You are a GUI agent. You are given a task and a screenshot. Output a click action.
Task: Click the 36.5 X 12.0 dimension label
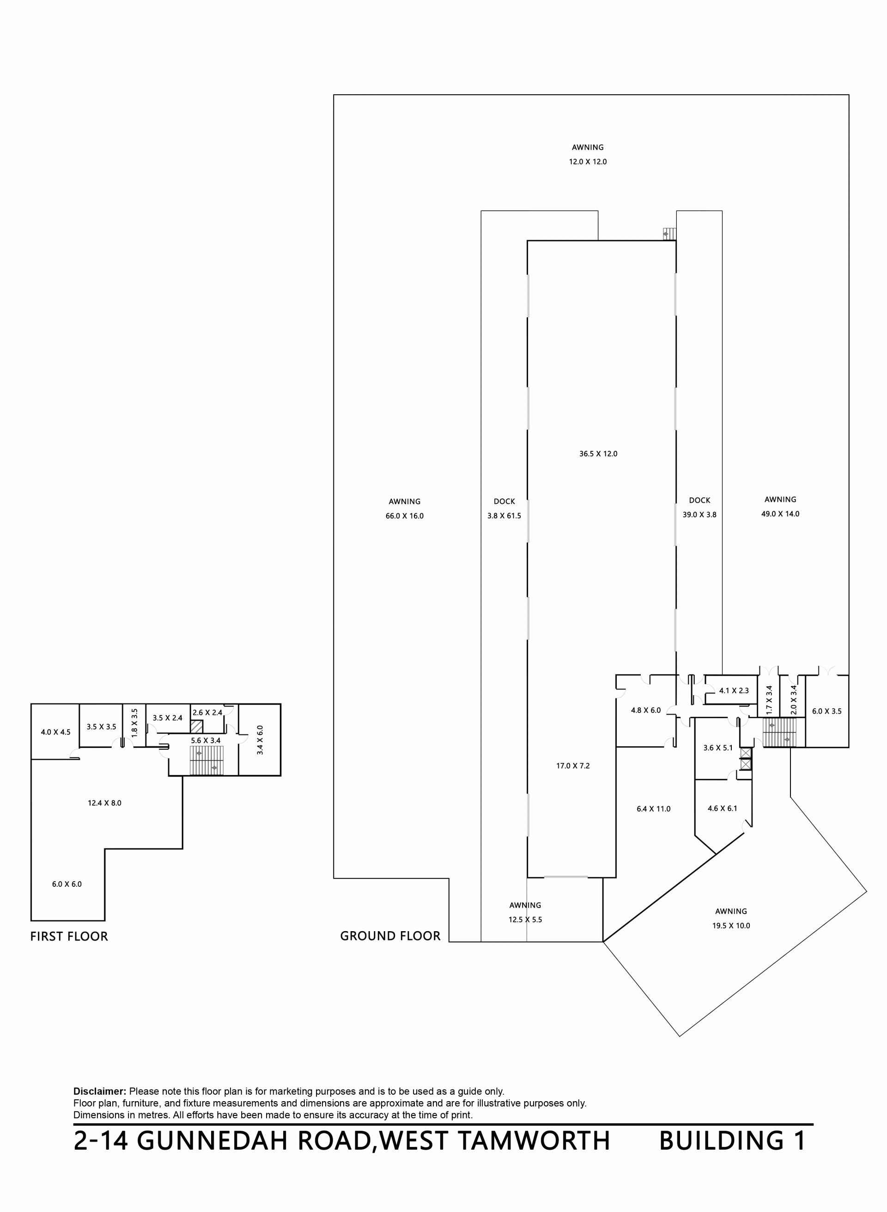point(598,454)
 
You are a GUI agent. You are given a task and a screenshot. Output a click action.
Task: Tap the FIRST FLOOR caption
point(69,936)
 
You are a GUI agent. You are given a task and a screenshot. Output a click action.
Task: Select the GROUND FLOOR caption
point(390,936)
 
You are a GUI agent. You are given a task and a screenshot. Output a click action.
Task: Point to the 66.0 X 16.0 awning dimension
point(404,516)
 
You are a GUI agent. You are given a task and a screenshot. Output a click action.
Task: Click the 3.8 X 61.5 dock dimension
point(504,516)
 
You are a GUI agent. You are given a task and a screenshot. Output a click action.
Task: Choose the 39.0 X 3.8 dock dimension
point(699,514)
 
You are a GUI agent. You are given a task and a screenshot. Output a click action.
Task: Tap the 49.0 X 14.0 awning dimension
point(780,514)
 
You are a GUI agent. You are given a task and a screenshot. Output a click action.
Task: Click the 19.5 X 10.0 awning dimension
point(731,925)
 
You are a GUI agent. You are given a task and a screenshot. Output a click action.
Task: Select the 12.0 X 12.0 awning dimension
point(588,162)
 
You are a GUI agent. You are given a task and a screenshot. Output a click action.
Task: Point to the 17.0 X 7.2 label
point(573,766)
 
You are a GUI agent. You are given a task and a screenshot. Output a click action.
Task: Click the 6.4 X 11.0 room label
point(653,809)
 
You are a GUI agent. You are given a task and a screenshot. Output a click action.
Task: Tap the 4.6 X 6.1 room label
point(722,808)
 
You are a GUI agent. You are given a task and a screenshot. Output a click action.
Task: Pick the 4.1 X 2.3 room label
point(734,691)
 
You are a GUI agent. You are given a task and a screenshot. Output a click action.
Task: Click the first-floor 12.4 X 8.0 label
point(105,803)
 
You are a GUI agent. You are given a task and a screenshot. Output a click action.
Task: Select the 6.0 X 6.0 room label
point(67,884)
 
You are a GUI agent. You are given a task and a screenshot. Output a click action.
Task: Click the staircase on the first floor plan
point(207,761)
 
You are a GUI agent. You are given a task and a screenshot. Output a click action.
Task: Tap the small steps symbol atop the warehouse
point(669,234)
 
